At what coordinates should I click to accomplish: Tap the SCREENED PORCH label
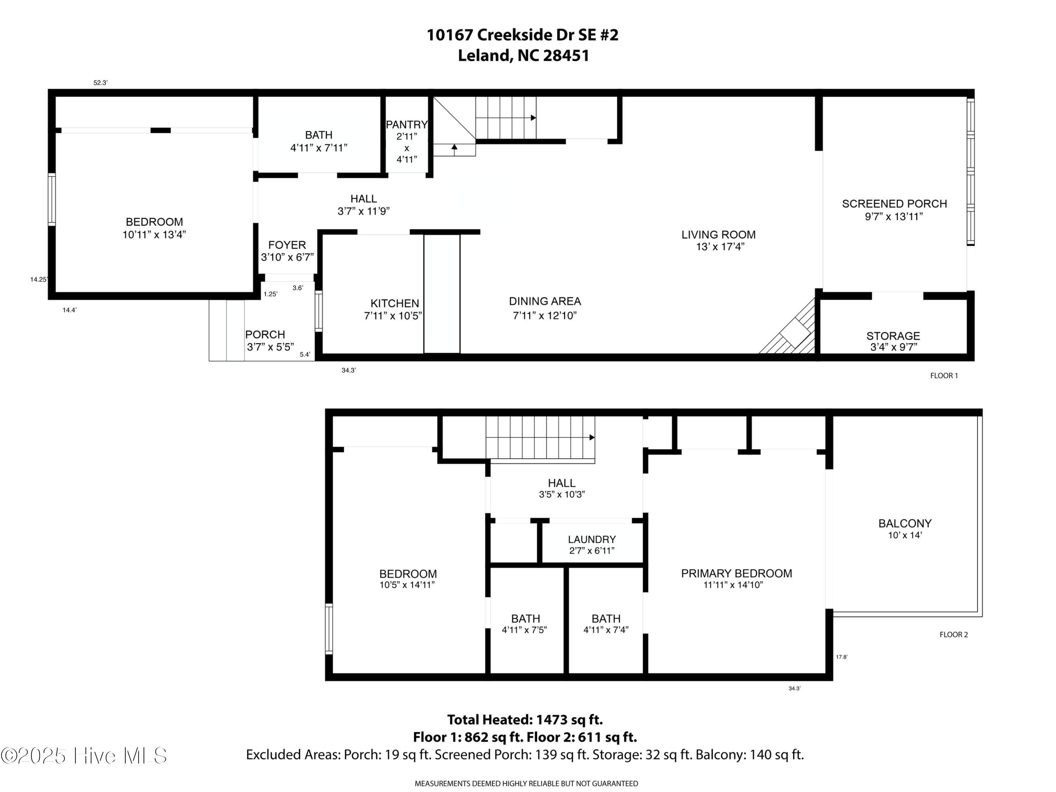click(894, 204)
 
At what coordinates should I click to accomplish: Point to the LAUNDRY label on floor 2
click(591, 540)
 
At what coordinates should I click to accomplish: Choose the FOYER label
click(287, 245)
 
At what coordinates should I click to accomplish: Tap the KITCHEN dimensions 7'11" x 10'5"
click(393, 315)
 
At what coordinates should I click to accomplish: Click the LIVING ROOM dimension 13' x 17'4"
click(720, 247)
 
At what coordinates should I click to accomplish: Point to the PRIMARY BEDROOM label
click(736, 573)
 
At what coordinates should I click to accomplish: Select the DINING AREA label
click(545, 301)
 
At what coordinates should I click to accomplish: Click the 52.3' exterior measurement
click(100, 83)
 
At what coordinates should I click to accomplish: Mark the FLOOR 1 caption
click(944, 376)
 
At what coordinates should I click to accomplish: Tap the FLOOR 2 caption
click(953, 634)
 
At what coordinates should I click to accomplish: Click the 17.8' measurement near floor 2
click(841, 657)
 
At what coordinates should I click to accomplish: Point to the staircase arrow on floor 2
click(591, 437)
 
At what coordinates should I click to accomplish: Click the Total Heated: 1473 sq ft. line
click(525, 719)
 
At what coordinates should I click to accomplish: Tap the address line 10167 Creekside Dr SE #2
click(522, 35)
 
